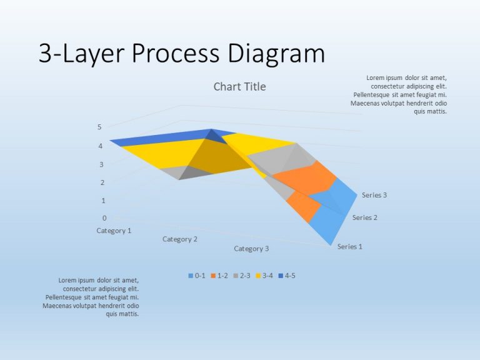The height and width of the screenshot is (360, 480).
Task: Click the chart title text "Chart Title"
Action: click(239, 87)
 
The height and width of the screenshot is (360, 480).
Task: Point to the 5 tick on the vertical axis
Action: click(99, 127)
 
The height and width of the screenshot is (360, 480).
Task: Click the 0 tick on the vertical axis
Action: click(104, 218)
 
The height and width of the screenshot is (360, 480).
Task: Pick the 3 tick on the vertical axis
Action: click(101, 164)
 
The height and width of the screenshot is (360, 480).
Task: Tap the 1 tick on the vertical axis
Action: click(103, 201)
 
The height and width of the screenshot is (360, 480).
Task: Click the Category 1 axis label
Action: click(114, 231)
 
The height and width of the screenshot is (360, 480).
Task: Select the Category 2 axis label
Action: click(180, 239)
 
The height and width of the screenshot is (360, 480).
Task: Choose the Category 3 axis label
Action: click(251, 249)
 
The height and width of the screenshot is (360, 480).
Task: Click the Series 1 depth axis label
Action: click(350, 246)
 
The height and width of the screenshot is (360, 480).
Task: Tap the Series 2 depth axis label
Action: click(365, 217)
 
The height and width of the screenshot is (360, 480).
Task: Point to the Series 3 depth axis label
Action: click(374, 195)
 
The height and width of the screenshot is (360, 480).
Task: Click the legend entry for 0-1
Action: click(197, 275)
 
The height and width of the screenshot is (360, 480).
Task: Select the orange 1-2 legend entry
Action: click(219, 275)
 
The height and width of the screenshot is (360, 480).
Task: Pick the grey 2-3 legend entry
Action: click(242, 275)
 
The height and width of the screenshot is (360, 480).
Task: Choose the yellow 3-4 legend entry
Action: click(264, 275)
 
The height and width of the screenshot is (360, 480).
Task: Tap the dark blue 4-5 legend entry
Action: click(287, 275)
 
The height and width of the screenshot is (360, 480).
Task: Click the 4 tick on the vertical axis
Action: click(100, 146)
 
